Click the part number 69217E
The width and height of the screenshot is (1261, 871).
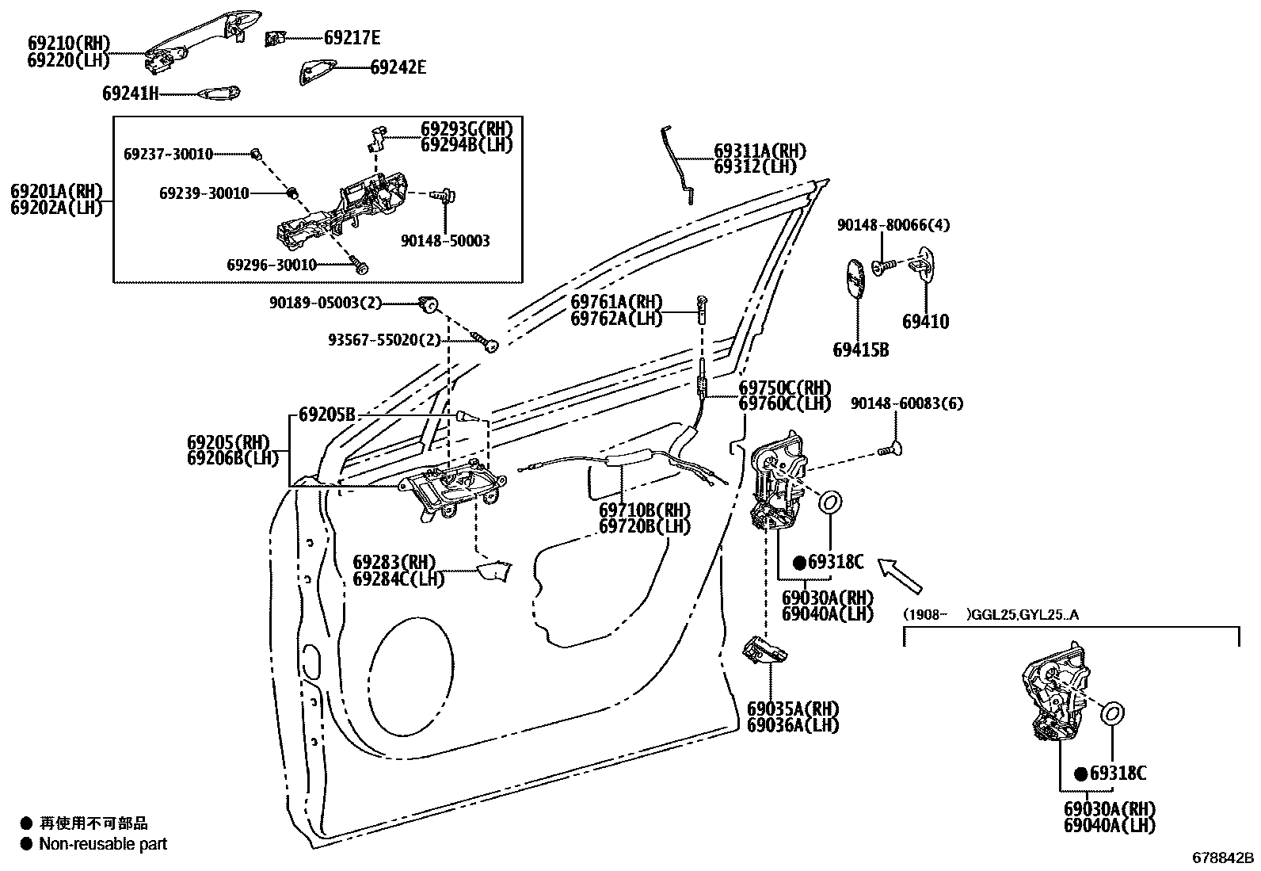[352, 37]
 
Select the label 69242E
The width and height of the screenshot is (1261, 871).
[398, 67]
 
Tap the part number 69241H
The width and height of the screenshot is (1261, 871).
[131, 94]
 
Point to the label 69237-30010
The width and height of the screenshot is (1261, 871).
[168, 154]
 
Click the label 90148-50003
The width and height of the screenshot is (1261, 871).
[445, 240]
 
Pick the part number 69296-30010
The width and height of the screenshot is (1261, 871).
[272, 264]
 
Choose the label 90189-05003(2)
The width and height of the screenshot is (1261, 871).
[326, 302]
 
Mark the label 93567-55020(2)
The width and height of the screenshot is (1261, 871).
[384, 340]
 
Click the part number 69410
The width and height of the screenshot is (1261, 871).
[925, 322]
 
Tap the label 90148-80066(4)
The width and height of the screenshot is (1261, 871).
[893, 225]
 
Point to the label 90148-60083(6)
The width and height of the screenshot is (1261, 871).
[907, 403]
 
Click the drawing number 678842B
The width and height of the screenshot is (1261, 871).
[1224, 858]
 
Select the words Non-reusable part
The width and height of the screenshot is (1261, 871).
[103, 844]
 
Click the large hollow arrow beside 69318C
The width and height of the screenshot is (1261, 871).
[901, 575]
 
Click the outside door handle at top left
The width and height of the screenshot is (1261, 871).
[202, 40]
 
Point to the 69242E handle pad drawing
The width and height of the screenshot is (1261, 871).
[318, 71]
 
